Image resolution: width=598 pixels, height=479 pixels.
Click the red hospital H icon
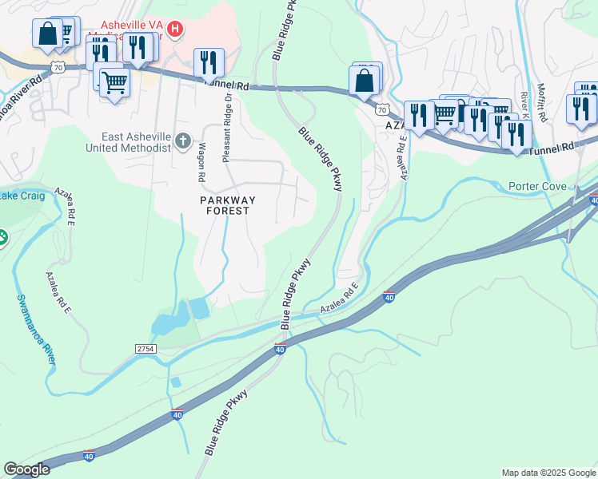177,30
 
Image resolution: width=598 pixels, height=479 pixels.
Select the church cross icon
183,142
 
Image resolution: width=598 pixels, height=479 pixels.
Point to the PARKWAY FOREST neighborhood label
225,204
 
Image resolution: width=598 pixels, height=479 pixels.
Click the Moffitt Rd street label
542,101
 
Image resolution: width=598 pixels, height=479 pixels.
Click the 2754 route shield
146,350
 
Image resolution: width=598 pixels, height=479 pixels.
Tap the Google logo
26,469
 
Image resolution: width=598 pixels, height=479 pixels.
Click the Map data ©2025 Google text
548,473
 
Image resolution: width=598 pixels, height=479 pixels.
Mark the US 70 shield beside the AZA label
382,109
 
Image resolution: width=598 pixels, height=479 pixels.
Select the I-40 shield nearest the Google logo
88,455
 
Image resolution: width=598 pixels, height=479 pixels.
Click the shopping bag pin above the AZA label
364,81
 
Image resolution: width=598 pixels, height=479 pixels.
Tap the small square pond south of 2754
175,382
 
